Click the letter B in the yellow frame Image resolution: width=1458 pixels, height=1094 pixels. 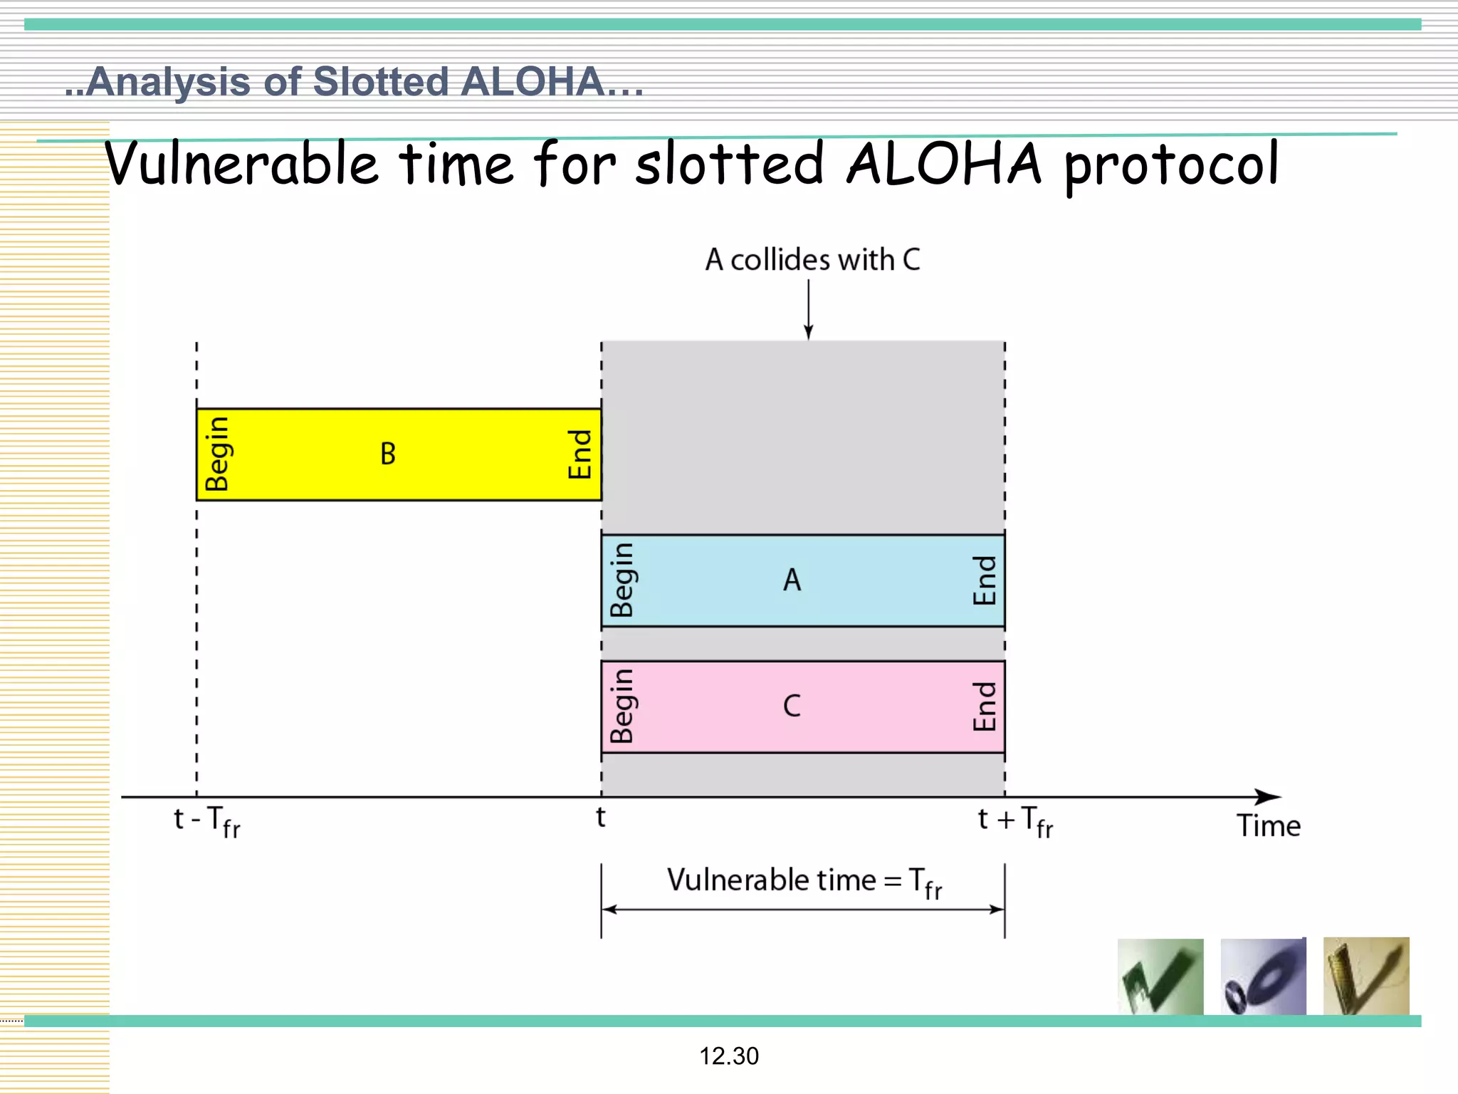pos(388,454)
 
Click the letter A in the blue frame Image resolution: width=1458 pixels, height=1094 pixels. pos(792,580)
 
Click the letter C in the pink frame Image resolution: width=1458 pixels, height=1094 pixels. pos(792,707)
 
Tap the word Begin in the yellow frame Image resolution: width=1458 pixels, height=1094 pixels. pos(217,454)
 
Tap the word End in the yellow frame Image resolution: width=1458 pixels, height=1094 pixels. pos(580,454)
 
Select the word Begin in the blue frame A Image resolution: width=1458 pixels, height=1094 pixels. pos(622,580)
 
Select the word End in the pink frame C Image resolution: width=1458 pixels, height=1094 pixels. pos(985,707)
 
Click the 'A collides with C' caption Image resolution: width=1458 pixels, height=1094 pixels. pos(812,260)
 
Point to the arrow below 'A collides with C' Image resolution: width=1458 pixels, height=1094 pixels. pos(808,310)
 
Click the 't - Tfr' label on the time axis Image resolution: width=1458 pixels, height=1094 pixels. pos(207,821)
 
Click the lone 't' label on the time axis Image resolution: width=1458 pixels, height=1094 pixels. pos(601,818)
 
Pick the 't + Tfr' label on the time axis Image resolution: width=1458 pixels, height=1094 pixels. pos(1015,821)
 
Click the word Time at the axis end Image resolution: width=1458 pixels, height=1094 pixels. pos(1268,826)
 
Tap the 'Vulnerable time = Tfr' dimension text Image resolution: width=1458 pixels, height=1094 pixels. pos(804,882)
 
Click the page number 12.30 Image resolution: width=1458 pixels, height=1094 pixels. pos(729,1056)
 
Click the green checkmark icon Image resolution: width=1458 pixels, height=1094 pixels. pos(1160,976)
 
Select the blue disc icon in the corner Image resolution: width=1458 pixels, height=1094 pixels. pos(1263,976)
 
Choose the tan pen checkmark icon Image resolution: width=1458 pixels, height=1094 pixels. pos(1365,976)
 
